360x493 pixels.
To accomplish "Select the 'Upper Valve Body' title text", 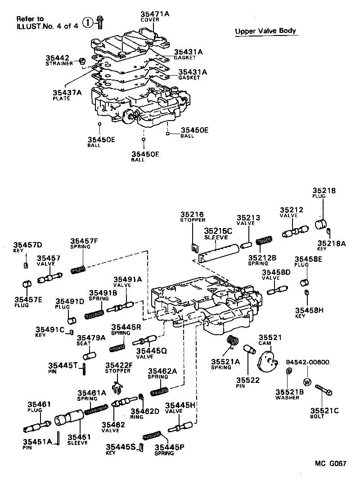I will (x=266, y=31).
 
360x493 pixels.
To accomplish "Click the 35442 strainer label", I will (x=57, y=58).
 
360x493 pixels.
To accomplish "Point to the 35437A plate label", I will (x=67, y=93).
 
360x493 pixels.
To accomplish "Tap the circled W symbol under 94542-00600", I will (x=307, y=382).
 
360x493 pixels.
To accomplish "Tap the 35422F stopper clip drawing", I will (x=117, y=386).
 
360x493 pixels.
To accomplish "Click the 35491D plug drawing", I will (x=71, y=320).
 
